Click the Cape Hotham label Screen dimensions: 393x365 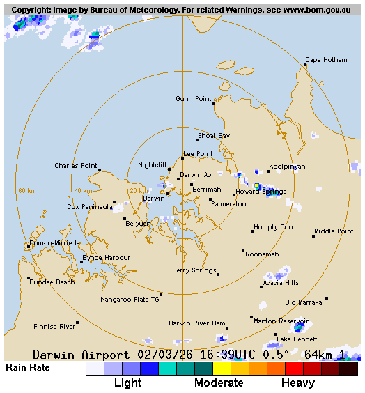(326, 60)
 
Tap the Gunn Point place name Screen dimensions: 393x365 (193, 99)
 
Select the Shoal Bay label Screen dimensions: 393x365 (213, 136)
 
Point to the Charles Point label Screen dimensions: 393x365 (75, 166)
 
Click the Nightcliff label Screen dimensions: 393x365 (152, 165)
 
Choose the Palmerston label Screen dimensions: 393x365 (228, 204)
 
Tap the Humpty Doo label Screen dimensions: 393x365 (273, 227)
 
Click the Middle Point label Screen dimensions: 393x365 (334, 231)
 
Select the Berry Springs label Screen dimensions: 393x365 (194, 270)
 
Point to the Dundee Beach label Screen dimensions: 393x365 (52, 282)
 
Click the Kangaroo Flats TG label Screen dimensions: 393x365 (130, 299)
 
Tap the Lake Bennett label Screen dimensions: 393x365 (297, 339)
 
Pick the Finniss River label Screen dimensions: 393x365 (54, 326)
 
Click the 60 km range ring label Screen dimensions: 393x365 (26, 190)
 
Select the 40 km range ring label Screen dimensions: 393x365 (83, 190)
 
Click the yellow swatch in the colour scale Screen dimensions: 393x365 (222, 369)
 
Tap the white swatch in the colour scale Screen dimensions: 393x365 (95, 369)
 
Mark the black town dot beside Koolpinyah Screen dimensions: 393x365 (268, 171)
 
